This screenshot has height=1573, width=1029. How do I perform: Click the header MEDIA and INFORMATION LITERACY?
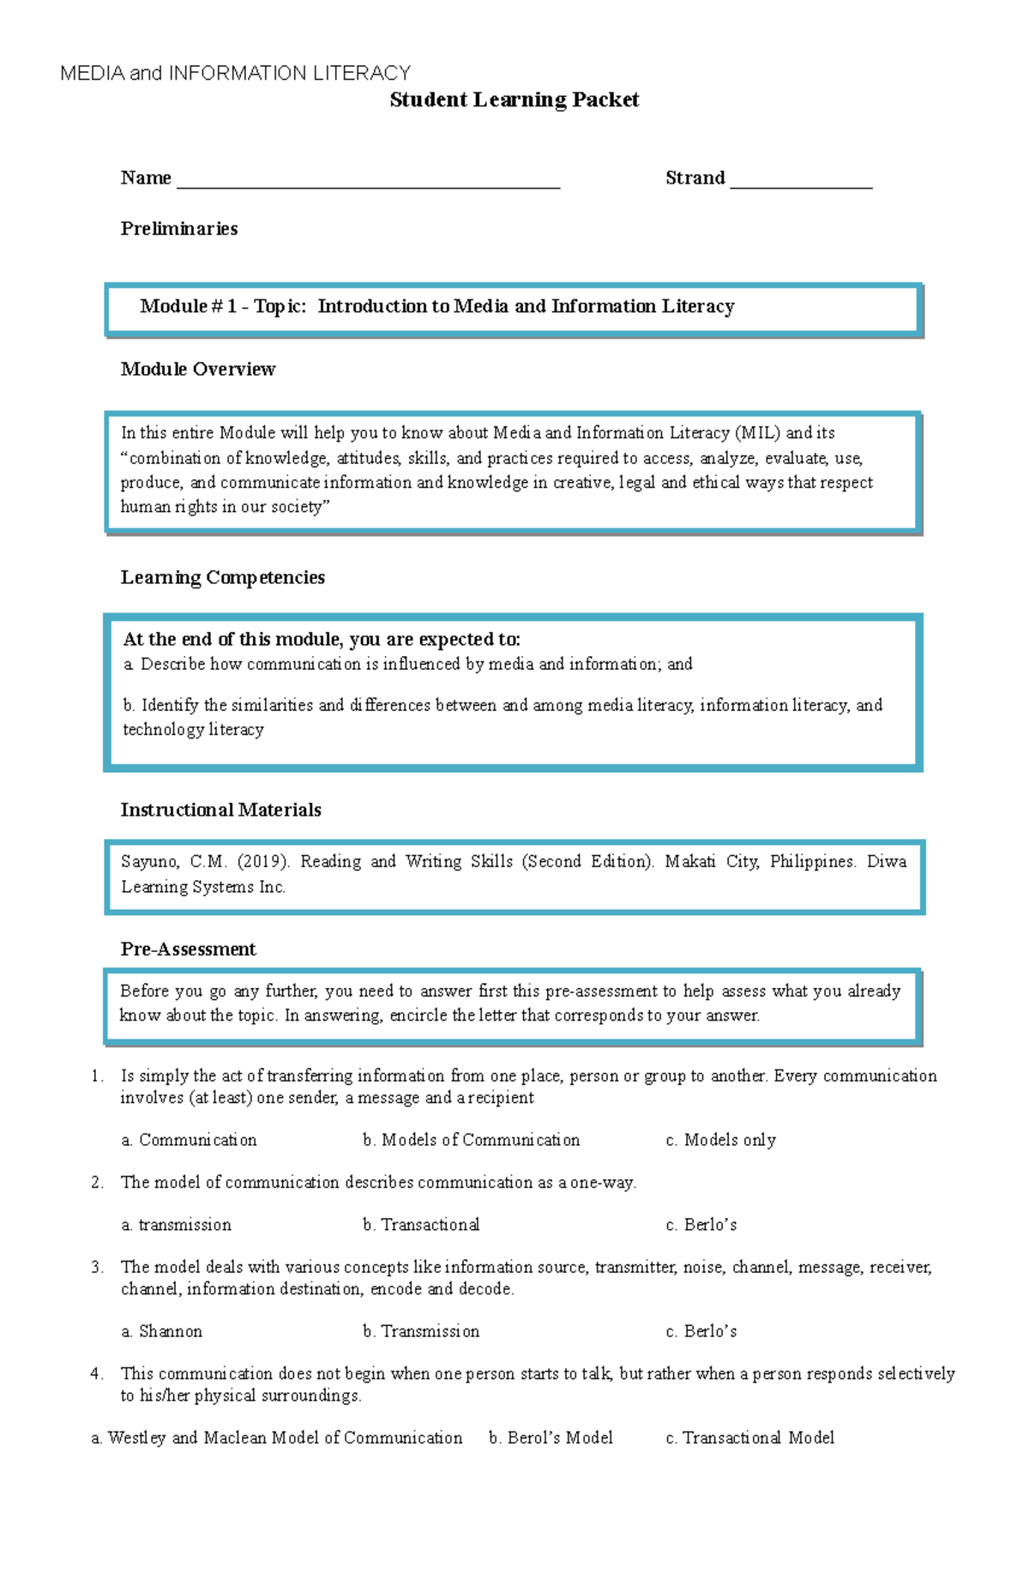point(235,73)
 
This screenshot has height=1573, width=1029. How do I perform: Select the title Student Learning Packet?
point(514,99)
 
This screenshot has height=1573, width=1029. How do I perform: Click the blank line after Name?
point(368,184)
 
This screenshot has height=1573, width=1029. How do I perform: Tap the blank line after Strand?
point(801,184)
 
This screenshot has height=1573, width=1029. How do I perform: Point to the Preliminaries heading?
point(178,229)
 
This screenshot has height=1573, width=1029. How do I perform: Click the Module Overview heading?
point(197,370)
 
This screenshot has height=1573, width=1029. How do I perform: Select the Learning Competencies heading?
point(222,578)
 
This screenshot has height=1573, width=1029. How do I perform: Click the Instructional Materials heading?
point(220,811)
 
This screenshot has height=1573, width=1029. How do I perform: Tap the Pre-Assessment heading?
point(188,949)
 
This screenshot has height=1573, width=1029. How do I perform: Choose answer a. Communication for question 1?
point(189,1141)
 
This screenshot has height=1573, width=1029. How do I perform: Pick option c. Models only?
point(720,1141)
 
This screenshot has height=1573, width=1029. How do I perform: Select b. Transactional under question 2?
point(421,1226)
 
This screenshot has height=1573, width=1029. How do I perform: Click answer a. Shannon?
point(162,1332)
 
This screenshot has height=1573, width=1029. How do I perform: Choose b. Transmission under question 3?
point(421,1332)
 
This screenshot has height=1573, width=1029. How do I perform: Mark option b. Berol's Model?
point(551,1438)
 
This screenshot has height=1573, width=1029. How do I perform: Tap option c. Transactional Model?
point(749,1438)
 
